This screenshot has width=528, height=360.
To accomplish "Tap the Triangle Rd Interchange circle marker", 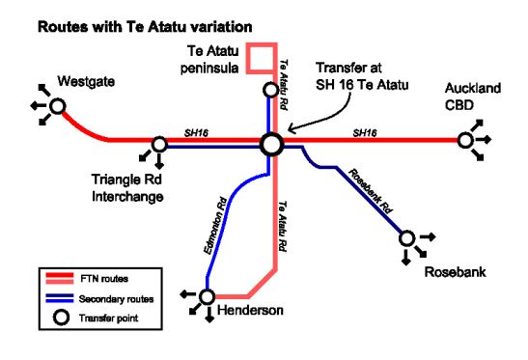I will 159,144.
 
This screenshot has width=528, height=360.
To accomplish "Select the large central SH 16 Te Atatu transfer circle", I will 272,144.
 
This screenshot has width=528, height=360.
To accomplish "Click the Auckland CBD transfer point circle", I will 466,141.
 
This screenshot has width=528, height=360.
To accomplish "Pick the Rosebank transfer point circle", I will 407,236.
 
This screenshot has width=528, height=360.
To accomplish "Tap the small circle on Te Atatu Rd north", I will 272,91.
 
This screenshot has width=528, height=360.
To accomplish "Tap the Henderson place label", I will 250,309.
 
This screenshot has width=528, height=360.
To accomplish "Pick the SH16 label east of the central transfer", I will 365,131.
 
